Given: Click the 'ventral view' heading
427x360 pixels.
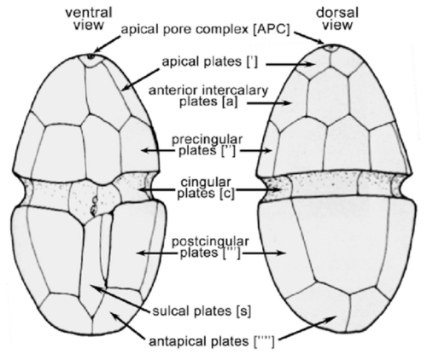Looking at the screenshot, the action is pyautogui.click(x=89, y=19).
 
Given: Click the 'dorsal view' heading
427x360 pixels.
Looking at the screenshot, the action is pyautogui.click(x=337, y=19).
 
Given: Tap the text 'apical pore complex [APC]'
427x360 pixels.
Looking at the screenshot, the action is pyautogui.click(x=206, y=30).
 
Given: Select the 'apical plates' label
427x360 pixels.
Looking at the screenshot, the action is pyautogui.click(x=210, y=62).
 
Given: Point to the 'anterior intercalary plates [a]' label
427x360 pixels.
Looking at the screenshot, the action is pyautogui.click(x=208, y=96).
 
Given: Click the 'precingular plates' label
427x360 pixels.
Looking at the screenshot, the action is pyautogui.click(x=208, y=145).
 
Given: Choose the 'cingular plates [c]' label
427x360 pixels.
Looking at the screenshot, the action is pyautogui.click(x=206, y=188).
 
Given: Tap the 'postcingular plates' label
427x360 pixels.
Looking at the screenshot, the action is pyautogui.click(x=210, y=247).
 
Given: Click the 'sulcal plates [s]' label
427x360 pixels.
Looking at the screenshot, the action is pyautogui.click(x=202, y=311).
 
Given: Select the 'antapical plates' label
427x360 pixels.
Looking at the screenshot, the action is pyautogui.click(x=212, y=341).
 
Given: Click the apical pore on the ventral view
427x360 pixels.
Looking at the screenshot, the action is pyautogui.click(x=91, y=56).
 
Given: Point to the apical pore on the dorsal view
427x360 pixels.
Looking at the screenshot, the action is pyautogui.click(x=330, y=47).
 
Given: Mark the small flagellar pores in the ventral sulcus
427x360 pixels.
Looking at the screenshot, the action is pyautogui.click(x=94, y=206).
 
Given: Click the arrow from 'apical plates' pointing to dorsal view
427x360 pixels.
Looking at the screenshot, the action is pyautogui.click(x=290, y=64).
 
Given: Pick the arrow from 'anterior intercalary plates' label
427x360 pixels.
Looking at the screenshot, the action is pyautogui.click(x=268, y=103).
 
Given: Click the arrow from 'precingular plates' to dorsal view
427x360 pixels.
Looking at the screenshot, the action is pyautogui.click(x=256, y=151).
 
